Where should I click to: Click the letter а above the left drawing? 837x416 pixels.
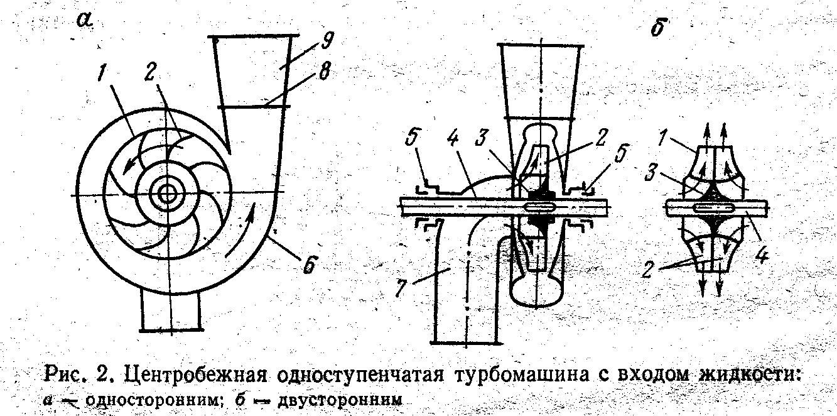84,21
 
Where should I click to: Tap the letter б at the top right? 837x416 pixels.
657,28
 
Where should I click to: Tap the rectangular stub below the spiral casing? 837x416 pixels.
171,310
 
